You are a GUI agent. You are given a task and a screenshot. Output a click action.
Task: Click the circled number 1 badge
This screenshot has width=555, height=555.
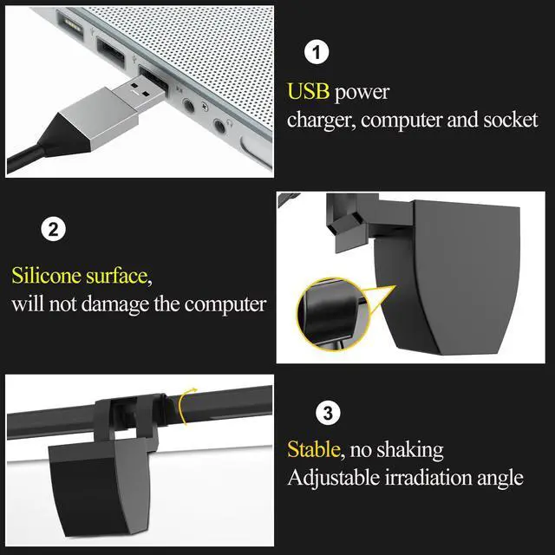318,53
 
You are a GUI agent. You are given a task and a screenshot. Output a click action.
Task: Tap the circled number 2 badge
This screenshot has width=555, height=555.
53,231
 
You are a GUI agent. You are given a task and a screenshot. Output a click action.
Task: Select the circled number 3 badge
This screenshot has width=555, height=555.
326,413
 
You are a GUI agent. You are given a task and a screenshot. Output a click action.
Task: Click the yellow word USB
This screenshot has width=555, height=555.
308,92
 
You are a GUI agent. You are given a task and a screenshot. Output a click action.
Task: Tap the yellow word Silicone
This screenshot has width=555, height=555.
44,276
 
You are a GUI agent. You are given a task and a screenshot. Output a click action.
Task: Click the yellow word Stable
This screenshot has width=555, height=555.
314,450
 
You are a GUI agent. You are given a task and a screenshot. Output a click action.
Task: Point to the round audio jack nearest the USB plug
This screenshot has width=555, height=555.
189,107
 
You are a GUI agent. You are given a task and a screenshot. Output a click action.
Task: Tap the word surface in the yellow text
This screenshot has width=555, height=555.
118,276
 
